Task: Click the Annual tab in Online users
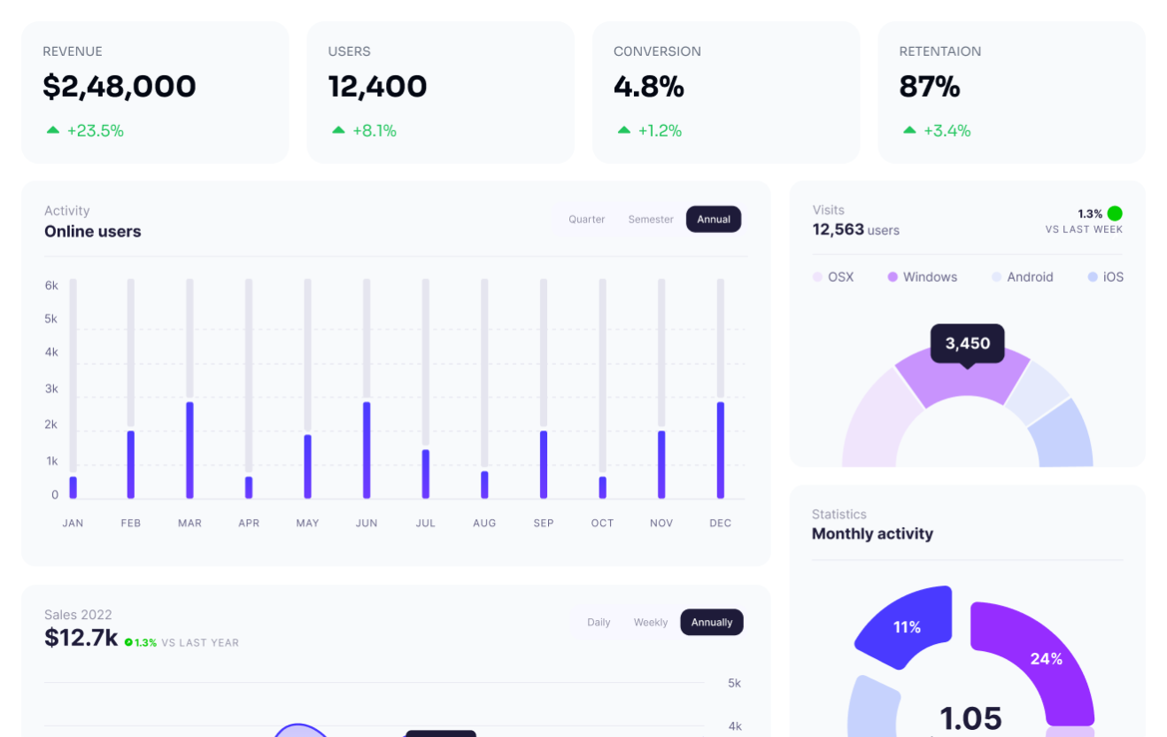pos(714,219)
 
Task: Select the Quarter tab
pos(587,220)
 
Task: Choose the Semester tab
pos(651,220)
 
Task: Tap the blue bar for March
pos(189,450)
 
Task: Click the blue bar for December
pos(721,450)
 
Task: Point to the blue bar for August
pos(484,485)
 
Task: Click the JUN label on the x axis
pos(367,523)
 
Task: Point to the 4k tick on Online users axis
pos(51,353)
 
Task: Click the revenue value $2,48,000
pos(120,86)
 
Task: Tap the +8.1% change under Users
pos(375,130)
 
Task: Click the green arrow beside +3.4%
pos(909,130)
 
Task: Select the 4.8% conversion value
pos(649,86)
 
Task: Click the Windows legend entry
pos(923,276)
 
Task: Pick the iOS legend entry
pos(1106,276)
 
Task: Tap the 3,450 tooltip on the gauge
pos(968,344)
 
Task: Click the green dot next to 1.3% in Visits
pos(1115,213)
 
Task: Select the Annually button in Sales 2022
pos(712,622)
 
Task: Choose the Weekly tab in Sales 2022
pos(651,623)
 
